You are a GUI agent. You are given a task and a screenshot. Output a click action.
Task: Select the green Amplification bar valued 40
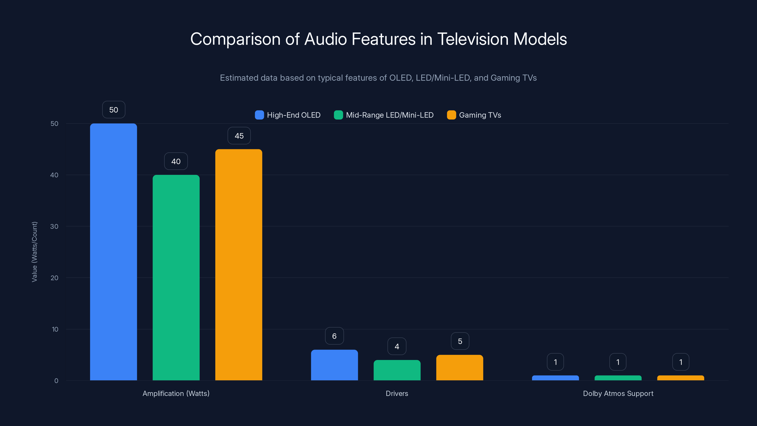(176, 278)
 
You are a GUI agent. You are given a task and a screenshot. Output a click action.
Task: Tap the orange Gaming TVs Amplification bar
(239, 265)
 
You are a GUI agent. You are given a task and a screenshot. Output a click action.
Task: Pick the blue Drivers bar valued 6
(334, 365)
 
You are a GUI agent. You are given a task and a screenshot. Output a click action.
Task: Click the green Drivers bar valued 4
(397, 370)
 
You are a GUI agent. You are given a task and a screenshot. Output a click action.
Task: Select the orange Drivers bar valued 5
(460, 368)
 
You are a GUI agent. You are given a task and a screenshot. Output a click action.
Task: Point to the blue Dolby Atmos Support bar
(555, 378)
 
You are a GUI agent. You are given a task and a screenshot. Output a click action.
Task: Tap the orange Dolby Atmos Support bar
(681, 378)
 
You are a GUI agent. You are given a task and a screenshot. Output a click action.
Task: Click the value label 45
(239, 136)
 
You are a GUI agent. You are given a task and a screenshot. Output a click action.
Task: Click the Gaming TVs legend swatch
(451, 115)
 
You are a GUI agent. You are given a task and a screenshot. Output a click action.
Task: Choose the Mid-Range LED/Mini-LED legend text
(390, 115)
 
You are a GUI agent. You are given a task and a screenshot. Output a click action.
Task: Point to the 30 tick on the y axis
(54, 226)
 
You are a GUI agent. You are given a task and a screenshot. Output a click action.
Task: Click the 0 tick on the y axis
(56, 381)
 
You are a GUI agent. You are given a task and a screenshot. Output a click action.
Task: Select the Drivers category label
(397, 393)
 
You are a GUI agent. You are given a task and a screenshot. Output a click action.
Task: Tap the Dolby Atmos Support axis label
(618, 393)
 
